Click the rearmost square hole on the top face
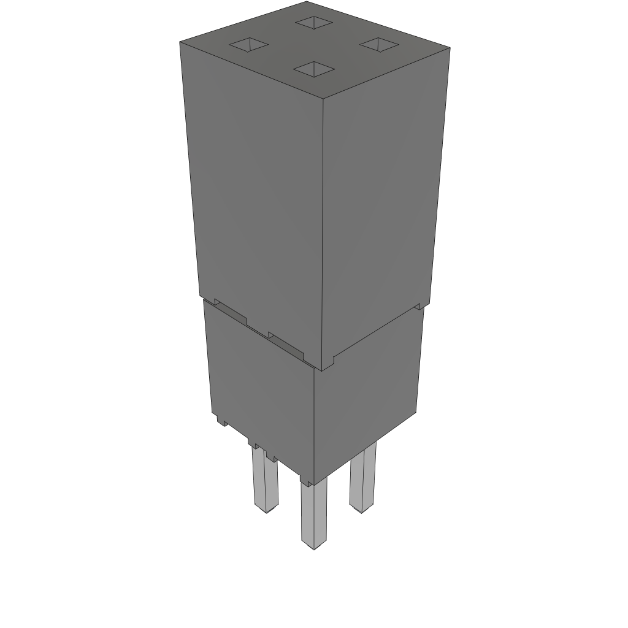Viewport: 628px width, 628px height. pos(313,23)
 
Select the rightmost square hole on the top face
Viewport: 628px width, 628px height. pos(378,44)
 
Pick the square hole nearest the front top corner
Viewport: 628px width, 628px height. pos(313,69)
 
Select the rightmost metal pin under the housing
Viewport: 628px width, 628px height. pos(362,478)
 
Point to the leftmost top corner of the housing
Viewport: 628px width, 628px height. pos(180,43)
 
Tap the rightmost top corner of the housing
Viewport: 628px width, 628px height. pos(450,47)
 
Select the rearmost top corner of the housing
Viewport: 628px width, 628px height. pos(307,2)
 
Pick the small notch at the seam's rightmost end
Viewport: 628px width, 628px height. pos(420,305)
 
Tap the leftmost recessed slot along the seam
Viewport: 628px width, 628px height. pos(231,312)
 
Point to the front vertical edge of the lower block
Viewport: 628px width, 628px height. pos(315,423)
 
